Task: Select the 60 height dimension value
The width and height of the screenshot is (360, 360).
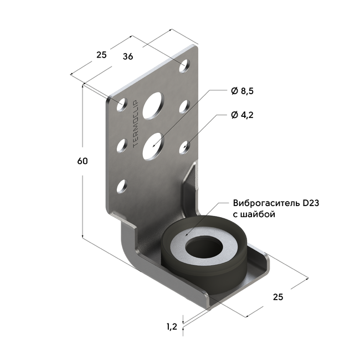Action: (83, 161)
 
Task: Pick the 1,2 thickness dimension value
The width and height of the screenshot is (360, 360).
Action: (171, 327)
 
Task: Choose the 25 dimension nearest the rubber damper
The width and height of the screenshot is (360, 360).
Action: (278, 297)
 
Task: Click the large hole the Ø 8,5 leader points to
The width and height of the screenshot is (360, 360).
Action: (153, 144)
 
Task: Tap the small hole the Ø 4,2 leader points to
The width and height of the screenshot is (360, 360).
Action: (184, 146)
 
